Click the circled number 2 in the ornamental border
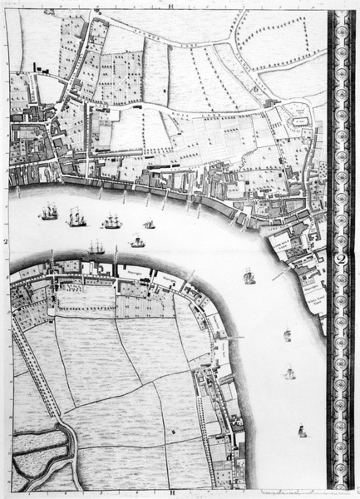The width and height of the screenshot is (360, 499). [341, 260]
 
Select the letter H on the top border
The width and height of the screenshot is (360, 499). [171, 6]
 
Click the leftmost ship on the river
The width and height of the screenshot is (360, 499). [49, 212]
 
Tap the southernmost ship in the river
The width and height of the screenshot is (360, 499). [302, 431]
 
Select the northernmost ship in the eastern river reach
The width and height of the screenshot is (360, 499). [249, 277]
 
